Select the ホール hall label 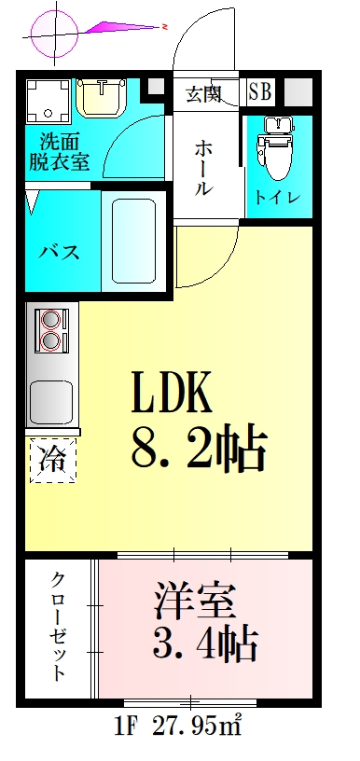click(x=203, y=168)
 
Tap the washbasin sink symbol click(x=103, y=96)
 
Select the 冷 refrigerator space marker click(x=52, y=460)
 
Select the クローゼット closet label click(x=58, y=626)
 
